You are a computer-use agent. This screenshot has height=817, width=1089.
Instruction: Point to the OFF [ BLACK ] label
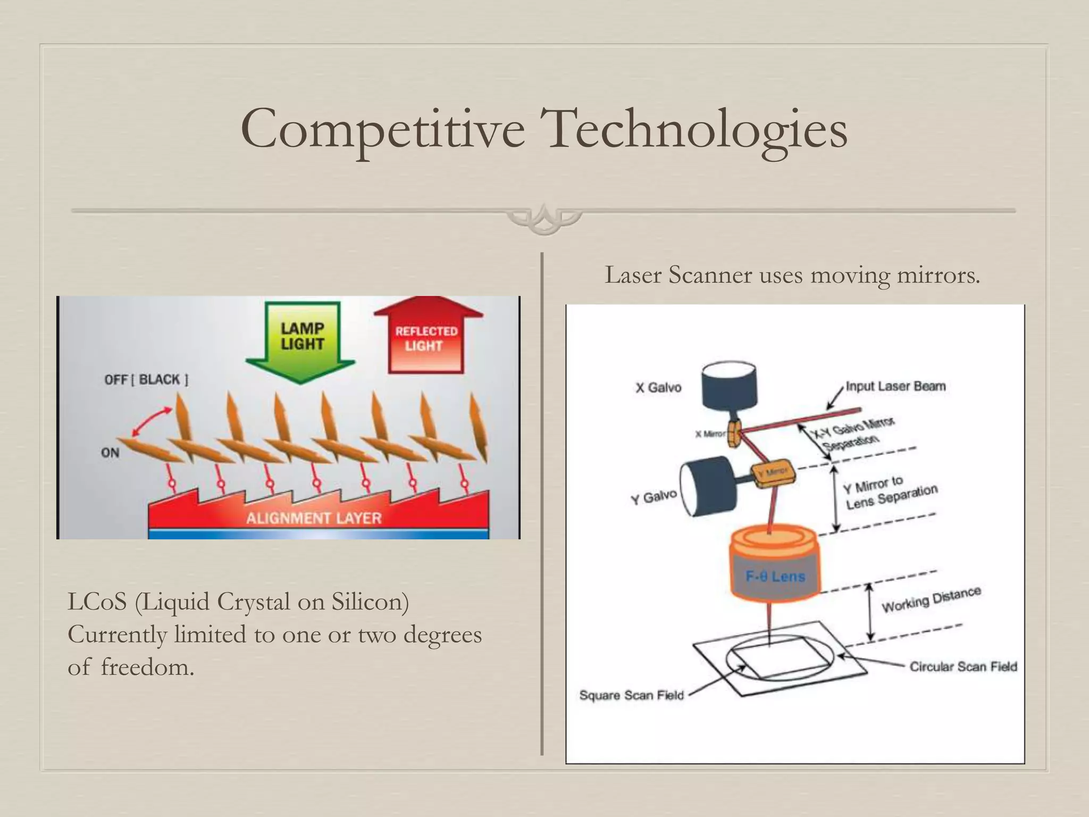pos(146,380)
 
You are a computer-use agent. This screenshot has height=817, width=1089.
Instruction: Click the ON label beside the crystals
pos(110,453)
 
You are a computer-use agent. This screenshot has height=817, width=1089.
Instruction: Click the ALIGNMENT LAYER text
pos(314,518)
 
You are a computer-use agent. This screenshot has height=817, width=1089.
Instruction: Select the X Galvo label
pos(658,387)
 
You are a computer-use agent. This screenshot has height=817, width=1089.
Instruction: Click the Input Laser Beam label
pos(895,386)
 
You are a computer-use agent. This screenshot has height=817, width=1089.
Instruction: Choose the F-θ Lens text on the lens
pos(775,576)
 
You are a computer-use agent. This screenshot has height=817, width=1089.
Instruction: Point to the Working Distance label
pos(931,600)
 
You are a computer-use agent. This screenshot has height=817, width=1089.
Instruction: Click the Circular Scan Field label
pos(963,666)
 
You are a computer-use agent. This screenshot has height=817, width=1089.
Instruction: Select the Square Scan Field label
pos(631,695)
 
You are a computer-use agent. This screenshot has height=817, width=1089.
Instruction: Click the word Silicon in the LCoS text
pos(370,602)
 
